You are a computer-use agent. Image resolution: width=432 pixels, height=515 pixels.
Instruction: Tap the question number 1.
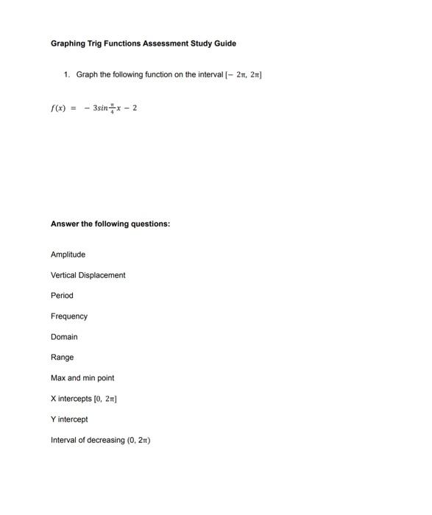point(66,75)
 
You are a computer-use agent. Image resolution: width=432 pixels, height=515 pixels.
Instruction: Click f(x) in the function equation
point(58,108)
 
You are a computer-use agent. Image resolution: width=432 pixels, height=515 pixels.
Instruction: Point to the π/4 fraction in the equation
point(113,107)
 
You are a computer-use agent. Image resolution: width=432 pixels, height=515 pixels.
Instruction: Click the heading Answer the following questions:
point(110,223)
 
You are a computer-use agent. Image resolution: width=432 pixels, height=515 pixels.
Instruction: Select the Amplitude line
point(68,255)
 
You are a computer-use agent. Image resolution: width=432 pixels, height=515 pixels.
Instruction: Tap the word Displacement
point(104,275)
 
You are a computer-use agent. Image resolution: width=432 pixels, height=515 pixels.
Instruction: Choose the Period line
point(62,296)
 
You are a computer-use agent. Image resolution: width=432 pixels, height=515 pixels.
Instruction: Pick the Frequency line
point(68,316)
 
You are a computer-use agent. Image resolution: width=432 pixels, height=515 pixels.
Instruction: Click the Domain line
point(64,337)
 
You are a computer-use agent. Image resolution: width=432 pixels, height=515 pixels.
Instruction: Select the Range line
point(62,358)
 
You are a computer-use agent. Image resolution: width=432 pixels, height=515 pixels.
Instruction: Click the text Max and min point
point(82,378)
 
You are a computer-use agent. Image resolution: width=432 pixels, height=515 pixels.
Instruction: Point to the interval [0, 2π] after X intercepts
point(106,399)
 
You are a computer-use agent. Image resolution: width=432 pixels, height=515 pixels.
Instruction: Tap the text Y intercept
point(69,419)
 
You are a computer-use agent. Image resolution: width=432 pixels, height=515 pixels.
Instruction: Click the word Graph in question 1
point(87,75)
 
